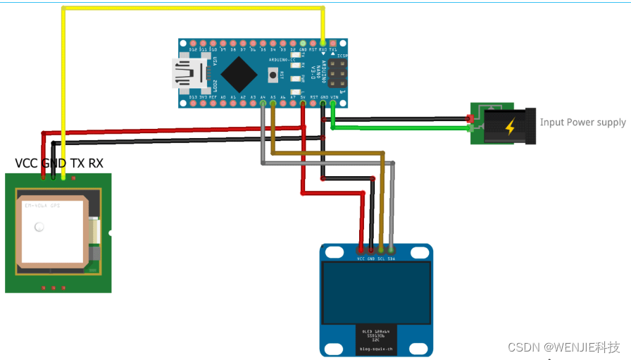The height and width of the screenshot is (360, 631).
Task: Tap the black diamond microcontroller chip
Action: [x=239, y=73]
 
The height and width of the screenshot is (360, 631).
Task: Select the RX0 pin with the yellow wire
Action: [x=323, y=43]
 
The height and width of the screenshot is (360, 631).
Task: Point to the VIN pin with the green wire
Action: [x=333, y=104]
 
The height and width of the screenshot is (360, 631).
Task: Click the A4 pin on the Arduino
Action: [x=263, y=104]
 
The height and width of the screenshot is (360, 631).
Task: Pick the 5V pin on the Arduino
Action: [x=303, y=104]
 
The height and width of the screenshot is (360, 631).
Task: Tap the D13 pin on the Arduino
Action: [x=193, y=104]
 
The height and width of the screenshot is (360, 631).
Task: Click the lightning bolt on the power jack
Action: [x=509, y=127]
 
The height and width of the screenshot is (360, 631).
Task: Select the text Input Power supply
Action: [x=582, y=123]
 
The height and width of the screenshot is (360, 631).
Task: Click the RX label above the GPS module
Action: [x=96, y=163]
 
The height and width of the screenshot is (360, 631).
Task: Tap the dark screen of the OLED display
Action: [x=375, y=292]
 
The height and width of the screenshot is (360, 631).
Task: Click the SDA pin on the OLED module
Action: [x=392, y=249]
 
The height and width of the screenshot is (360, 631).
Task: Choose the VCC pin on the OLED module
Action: [x=361, y=249]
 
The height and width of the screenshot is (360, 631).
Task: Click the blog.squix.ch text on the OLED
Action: [x=376, y=349]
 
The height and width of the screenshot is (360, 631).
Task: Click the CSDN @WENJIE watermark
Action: [x=563, y=347]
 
